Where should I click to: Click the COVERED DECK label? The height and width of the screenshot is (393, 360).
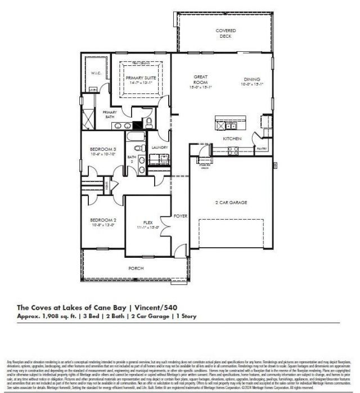226,33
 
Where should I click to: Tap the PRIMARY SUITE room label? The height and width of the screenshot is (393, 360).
141,78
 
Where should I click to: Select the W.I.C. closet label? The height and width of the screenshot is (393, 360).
96,73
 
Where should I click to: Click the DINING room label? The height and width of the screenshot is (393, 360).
251,79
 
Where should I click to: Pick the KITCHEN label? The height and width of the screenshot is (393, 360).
232,139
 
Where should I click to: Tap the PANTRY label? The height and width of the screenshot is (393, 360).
261,149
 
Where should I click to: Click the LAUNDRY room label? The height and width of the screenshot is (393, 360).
160,148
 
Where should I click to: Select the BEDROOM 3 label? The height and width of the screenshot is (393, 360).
103,149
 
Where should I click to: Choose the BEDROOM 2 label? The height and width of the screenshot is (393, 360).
103,220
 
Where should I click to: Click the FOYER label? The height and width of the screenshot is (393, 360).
180,216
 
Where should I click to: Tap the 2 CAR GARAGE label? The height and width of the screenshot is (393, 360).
231,202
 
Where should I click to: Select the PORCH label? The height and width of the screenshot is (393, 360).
136,269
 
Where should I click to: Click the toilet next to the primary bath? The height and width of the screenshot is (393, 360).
150,123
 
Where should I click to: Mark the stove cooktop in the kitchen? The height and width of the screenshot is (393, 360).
233,149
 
